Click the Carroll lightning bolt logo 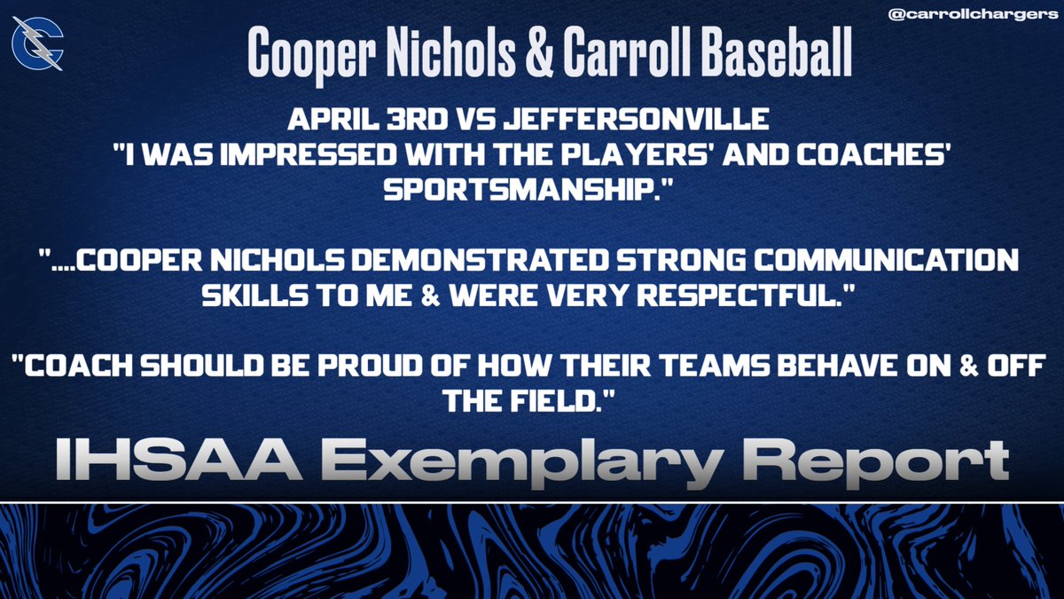37,47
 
